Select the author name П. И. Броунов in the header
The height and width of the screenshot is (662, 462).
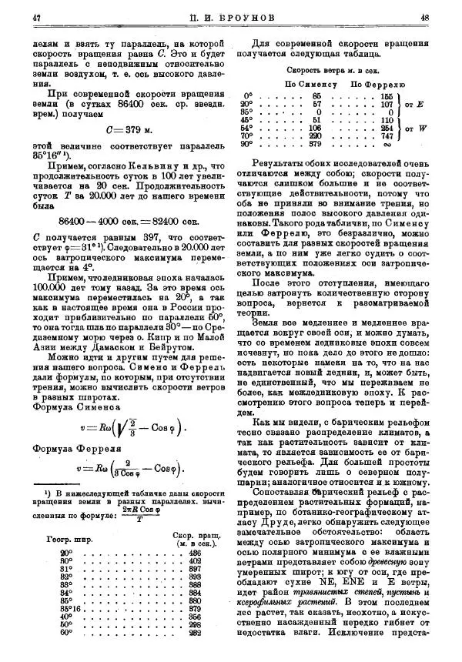pyautogui.click(x=230, y=16)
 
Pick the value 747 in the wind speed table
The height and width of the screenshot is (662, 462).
pyautogui.click(x=387, y=135)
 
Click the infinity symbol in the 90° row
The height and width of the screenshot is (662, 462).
pyautogui.click(x=387, y=144)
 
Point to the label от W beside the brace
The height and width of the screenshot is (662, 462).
pyautogui.click(x=416, y=128)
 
